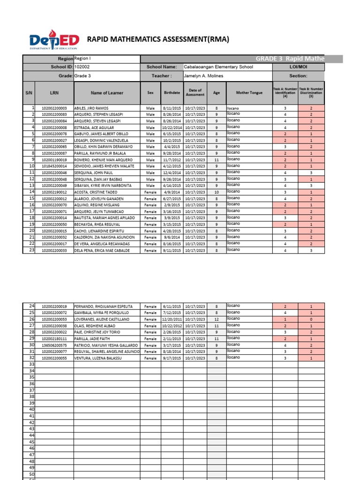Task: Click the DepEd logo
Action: (54, 41)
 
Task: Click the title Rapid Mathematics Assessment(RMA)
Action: (158, 39)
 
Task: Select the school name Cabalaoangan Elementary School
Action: (218, 67)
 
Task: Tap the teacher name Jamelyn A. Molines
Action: (203, 76)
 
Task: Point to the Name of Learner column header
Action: (107, 93)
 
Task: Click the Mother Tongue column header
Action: (249, 93)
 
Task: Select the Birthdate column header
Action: (172, 93)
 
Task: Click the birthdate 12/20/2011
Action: (172, 319)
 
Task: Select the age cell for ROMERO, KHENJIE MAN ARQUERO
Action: (216, 160)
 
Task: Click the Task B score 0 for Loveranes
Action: (310, 319)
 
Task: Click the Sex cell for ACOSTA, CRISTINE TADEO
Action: (150, 192)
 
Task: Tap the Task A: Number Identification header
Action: (285, 93)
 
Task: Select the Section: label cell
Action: (298, 76)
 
